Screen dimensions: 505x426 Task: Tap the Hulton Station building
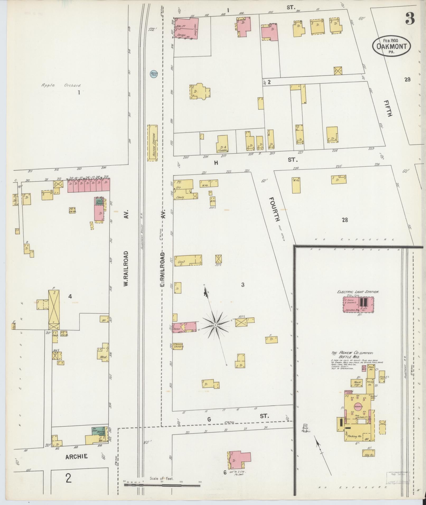pos(152,143)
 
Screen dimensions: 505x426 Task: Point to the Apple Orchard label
pos(61,86)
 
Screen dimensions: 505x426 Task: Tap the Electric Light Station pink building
pos(358,304)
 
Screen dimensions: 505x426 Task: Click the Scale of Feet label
pos(161,478)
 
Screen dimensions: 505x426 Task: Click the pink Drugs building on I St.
pos(186,28)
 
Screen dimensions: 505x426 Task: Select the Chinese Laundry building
pos(178,346)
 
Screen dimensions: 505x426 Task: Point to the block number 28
pos(345,220)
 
